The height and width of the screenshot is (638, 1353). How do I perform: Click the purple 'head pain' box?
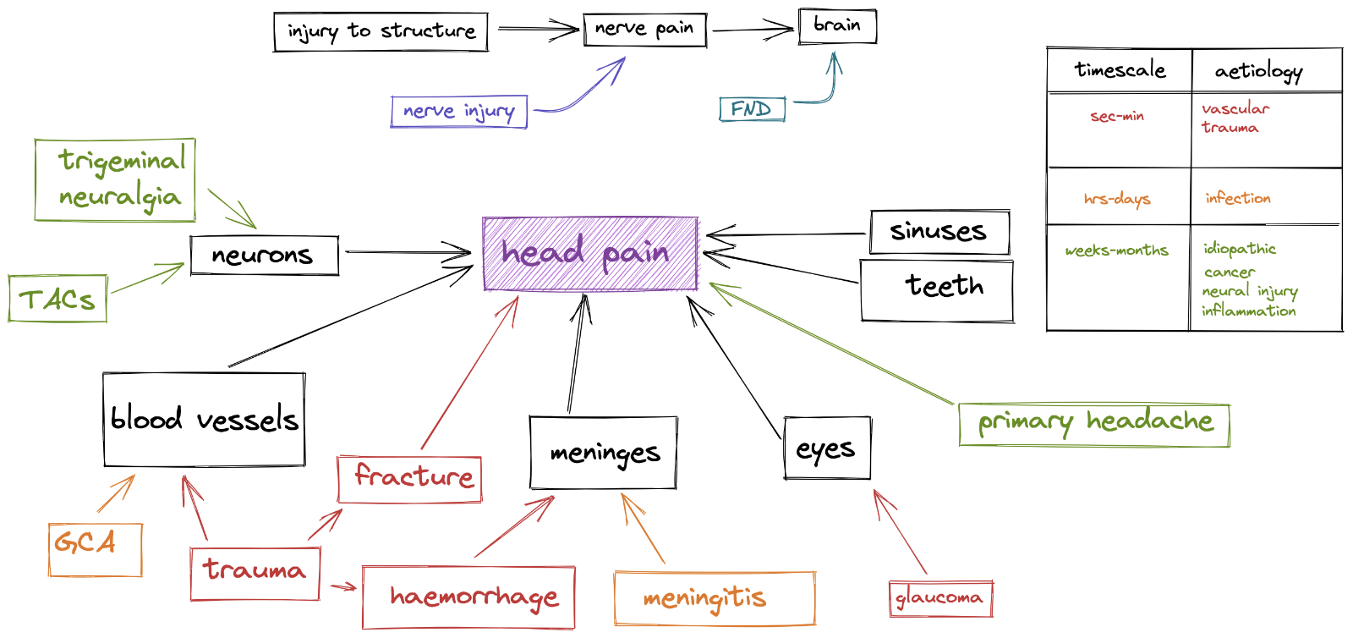[x=590, y=254]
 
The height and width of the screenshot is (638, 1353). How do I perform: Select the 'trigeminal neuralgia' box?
[x=116, y=180]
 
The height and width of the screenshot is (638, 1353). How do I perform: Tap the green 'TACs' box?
[x=58, y=299]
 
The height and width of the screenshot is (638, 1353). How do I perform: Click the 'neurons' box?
[x=264, y=256]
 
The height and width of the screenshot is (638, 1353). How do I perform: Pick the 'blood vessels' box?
[x=204, y=420]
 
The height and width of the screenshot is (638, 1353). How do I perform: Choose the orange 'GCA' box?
[x=95, y=550]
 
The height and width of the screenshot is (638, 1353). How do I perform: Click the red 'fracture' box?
[x=410, y=479]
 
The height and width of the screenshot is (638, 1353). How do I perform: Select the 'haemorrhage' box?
[x=468, y=597]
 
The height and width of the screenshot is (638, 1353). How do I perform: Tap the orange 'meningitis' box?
[x=715, y=598]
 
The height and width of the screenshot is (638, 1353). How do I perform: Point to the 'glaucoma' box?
[x=940, y=599]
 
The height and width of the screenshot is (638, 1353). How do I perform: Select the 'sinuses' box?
[x=939, y=232]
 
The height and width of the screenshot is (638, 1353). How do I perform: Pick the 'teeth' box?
[x=937, y=290]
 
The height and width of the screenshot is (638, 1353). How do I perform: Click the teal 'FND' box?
[x=752, y=109]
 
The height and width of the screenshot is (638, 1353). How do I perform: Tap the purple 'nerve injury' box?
[x=459, y=112]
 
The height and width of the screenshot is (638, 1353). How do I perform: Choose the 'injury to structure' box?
[x=381, y=32]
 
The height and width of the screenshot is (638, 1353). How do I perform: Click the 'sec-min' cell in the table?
[x=1118, y=117]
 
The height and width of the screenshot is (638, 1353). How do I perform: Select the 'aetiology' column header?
[x=1259, y=71]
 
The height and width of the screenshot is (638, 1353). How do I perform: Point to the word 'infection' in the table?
[x=1238, y=198]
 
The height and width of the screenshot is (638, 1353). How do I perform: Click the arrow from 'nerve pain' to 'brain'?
[x=753, y=30]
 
